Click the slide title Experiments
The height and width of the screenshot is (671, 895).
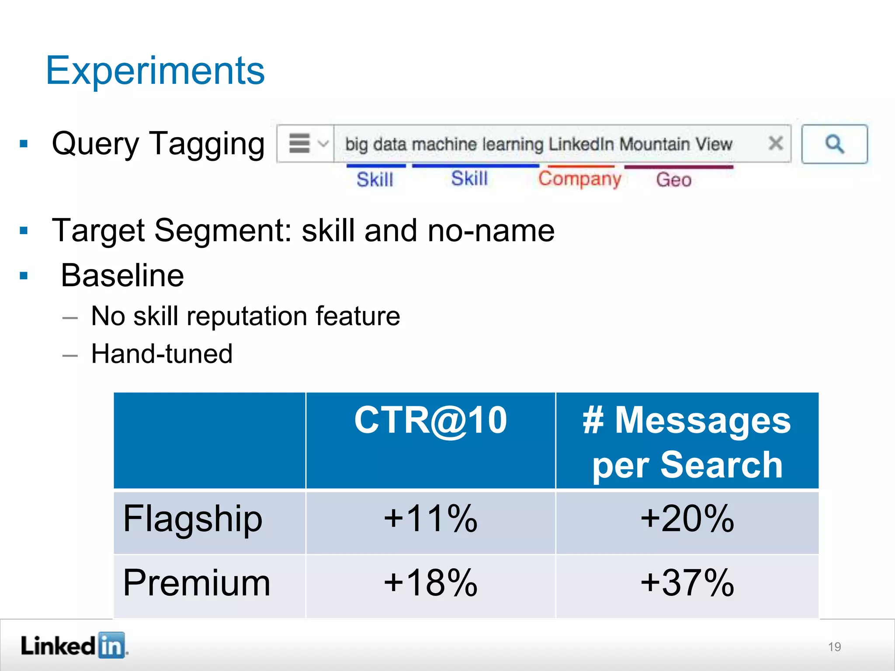155,71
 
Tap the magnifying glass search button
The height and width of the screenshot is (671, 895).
834,144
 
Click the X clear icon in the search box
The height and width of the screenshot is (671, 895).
776,143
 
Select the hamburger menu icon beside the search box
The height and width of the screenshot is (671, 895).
300,143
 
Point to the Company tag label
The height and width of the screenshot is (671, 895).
579,179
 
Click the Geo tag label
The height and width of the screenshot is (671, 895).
673,180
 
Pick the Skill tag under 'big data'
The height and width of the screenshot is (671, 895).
375,180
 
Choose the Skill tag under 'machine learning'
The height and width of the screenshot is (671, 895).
469,179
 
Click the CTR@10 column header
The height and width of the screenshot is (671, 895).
430,420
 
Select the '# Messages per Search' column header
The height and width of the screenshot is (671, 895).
687,442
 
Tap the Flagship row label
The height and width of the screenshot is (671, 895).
193,519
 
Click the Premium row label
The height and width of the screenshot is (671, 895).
197,583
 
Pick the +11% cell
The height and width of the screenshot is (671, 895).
430,519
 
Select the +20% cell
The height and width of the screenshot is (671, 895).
687,519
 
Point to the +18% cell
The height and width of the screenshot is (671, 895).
430,583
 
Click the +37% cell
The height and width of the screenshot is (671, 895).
687,583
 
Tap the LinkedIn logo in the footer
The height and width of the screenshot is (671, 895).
73,646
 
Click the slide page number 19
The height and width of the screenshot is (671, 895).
834,647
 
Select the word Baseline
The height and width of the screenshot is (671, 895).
122,276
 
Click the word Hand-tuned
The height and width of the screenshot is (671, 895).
162,354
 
